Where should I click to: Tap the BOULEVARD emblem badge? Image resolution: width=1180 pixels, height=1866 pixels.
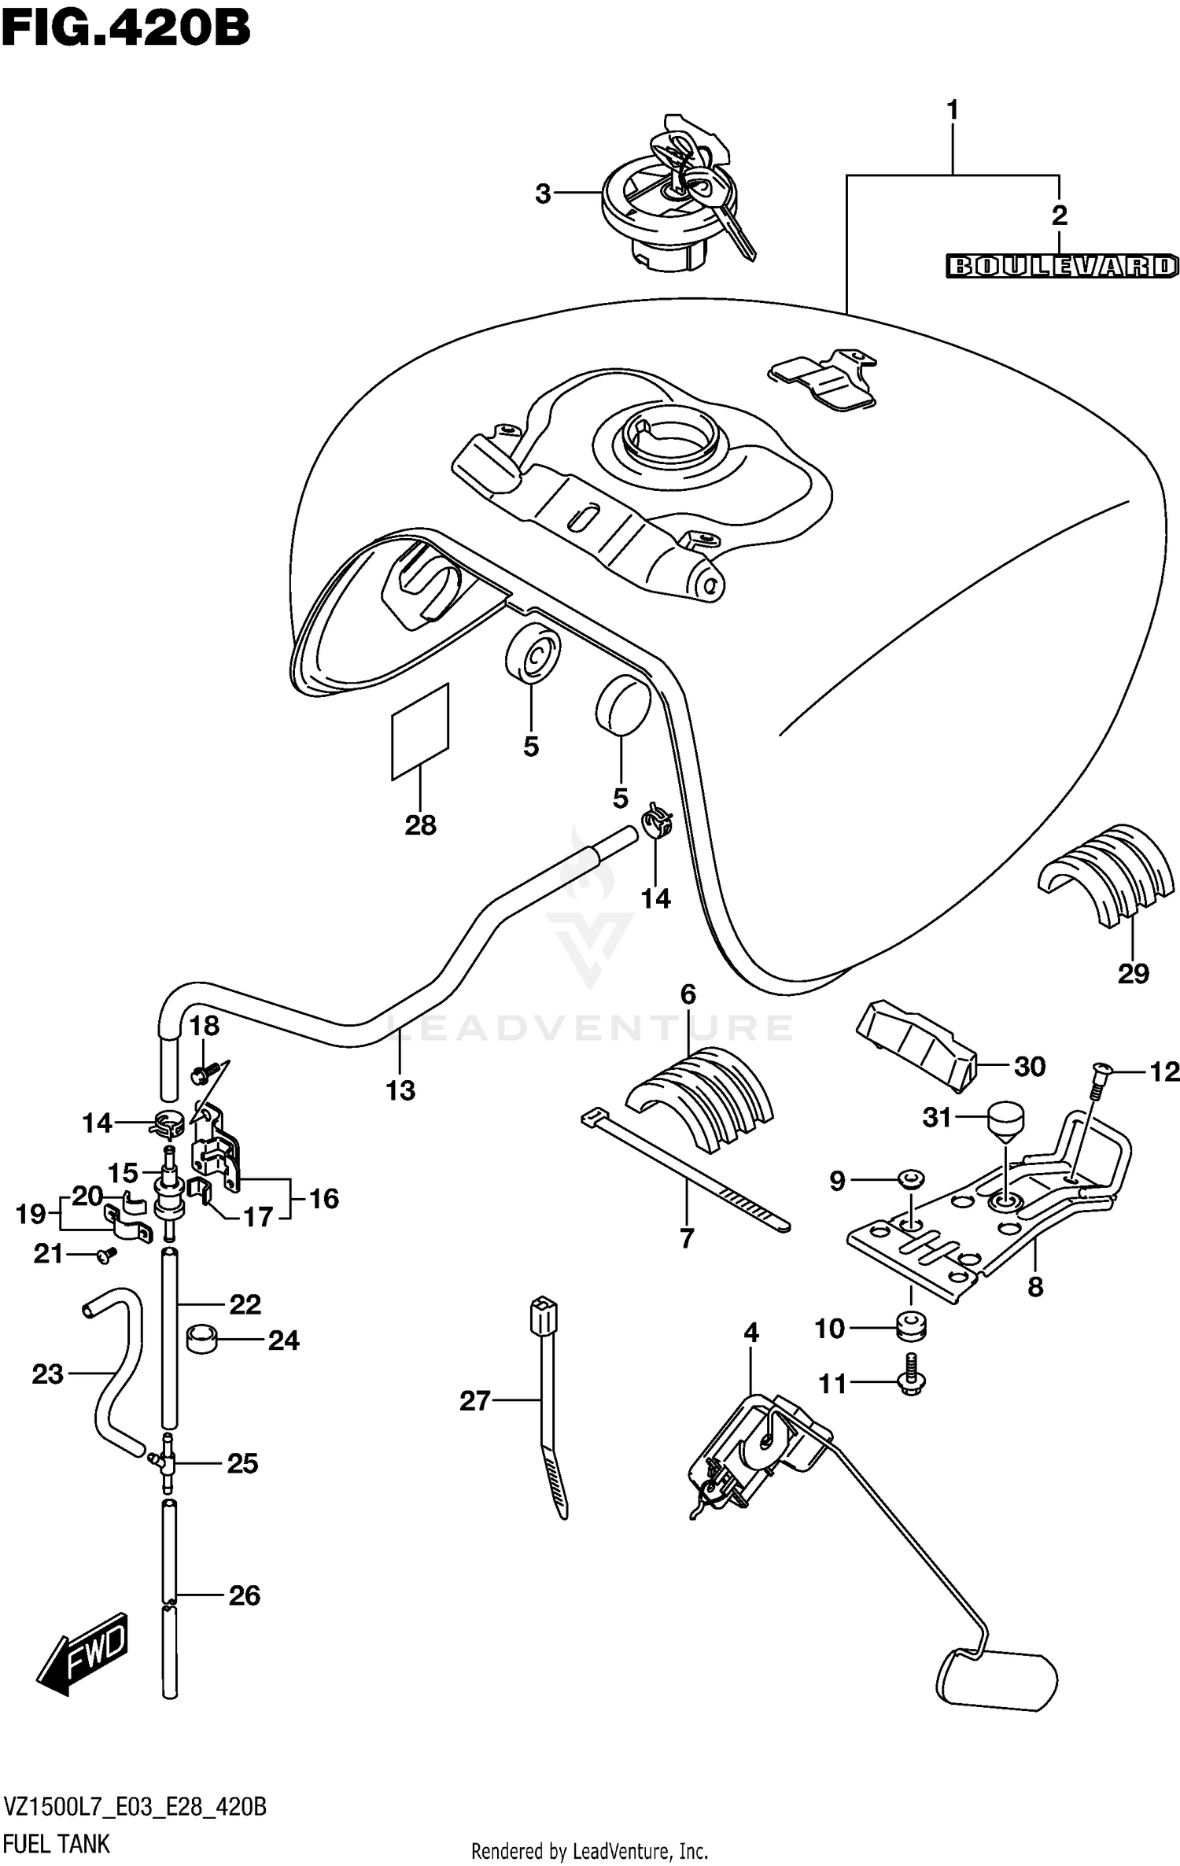point(1061,266)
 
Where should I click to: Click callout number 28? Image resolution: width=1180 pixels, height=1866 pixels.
point(420,825)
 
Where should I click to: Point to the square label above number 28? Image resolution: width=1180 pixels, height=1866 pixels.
point(420,732)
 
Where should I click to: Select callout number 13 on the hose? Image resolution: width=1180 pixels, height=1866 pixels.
point(400,1090)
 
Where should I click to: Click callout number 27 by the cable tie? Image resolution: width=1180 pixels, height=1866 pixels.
point(474,1400)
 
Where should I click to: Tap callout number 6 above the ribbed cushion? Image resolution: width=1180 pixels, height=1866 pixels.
point(688,994)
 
